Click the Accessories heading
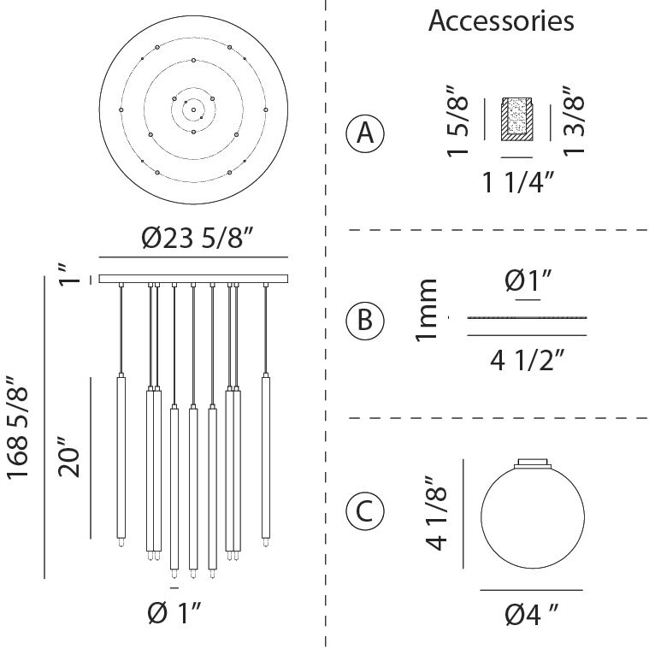[501, 21]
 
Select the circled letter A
[365, 133]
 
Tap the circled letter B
[365, 321]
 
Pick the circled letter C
[365, 511]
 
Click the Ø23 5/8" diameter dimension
[198, 239]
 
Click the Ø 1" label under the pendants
[174, 613]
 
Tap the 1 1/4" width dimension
[518, 182]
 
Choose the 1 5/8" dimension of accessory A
[457, 121]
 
